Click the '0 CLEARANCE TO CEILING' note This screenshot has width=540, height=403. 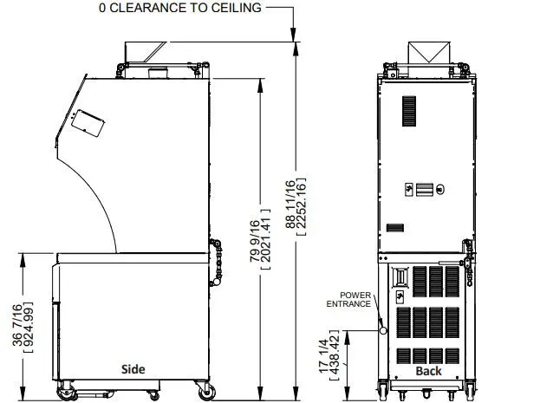point(180,8)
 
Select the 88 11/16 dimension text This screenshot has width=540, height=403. point(290,205)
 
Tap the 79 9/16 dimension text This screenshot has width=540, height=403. point(255,240)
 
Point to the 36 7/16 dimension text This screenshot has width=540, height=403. point(17,325)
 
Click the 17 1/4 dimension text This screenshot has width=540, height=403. point(323,356)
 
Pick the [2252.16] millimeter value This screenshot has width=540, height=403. point(301,206)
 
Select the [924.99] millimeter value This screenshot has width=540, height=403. point(29,328)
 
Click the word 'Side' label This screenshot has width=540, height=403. point(133,369)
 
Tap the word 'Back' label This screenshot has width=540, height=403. point(428,371)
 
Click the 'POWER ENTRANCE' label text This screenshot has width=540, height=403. point(348,300)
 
